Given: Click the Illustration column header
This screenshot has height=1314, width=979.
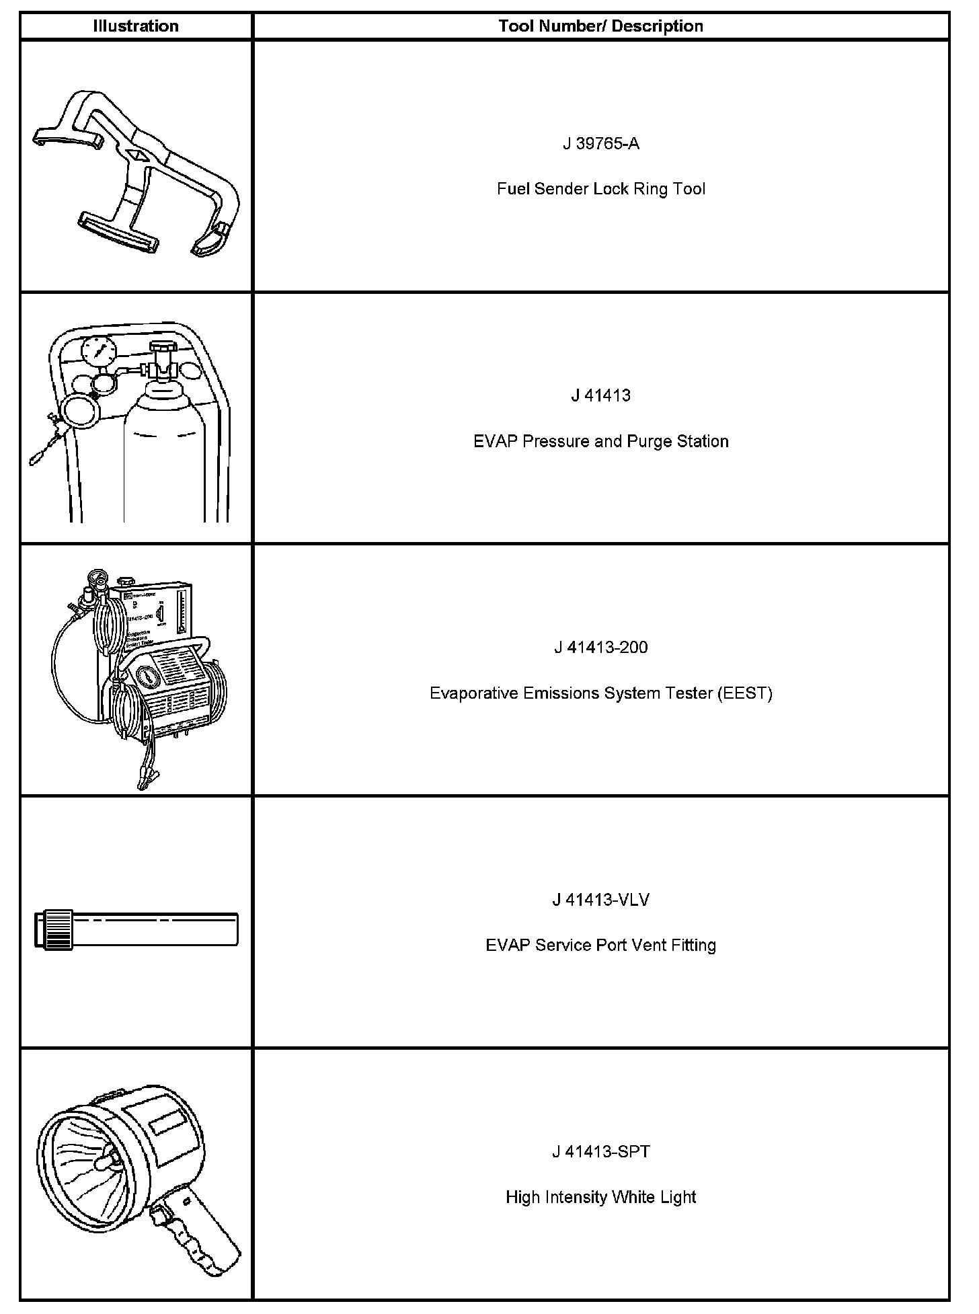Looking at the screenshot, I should point(136,26).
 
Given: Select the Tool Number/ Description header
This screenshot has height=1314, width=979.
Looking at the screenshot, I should point(600,26).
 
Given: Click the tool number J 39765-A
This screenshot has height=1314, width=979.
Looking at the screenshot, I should point(600,143).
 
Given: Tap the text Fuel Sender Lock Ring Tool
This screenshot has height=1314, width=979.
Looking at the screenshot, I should point(600,189).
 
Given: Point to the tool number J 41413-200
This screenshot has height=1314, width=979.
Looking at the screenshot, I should point(600,648).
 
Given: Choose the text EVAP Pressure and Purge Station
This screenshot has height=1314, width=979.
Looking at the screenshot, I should point(600,441).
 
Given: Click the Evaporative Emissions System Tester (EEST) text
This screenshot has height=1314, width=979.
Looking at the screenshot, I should point(600,693).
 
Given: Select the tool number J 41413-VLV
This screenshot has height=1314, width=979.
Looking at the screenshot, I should point(600,900).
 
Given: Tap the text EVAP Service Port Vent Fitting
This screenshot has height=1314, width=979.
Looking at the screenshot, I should point(600,945).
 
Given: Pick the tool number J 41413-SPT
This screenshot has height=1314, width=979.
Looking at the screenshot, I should point(600,1152).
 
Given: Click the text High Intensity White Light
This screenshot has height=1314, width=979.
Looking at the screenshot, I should point(600,1198).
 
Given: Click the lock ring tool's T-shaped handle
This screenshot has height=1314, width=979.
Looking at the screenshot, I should point(118,232).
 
